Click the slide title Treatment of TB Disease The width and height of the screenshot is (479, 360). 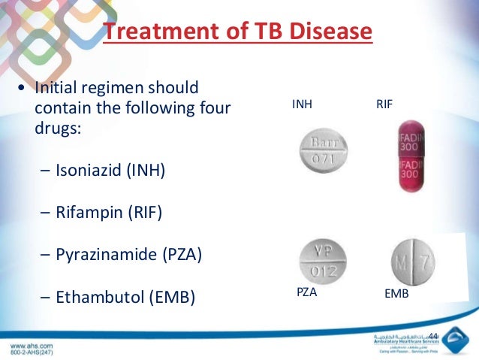pos(237,32)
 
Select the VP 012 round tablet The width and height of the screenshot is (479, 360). pos(324,259)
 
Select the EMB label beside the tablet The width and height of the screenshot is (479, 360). pos(396,294)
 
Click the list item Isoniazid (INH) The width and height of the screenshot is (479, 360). pos(110,171)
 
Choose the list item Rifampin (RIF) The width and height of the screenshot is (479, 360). pos(109,213)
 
